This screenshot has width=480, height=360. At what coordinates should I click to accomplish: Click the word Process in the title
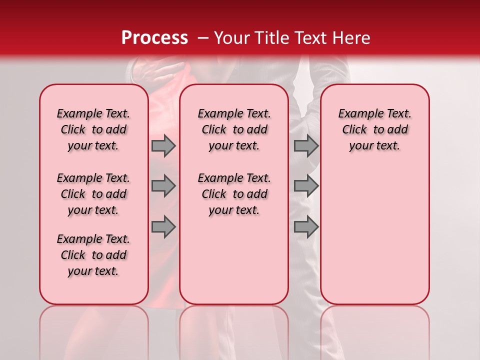tap(154, 38)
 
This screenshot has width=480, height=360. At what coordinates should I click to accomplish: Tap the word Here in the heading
tap(351, 38)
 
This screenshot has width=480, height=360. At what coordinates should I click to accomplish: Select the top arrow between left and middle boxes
tap(163, 145)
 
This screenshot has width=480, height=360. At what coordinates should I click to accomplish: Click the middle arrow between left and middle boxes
tap(163, 186)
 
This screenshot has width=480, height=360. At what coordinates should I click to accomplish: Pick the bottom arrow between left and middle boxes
tap(163, 227)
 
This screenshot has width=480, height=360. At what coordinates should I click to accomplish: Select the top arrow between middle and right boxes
tap(306, 145)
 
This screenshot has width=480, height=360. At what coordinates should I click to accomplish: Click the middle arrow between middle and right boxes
tap(306, 186)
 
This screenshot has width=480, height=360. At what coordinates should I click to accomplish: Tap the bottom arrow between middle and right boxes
tap(306, 227)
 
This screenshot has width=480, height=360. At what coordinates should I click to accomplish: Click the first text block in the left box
tap(93, 129)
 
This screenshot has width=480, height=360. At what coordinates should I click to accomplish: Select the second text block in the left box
tap(93, 194)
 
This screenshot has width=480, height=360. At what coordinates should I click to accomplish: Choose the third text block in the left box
tap(93, 255)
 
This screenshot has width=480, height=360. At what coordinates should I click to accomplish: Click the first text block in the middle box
tap(234, 129)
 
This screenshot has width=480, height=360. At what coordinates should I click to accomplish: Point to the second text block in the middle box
tap(234, 194)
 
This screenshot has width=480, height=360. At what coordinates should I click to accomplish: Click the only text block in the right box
tap(374, 129)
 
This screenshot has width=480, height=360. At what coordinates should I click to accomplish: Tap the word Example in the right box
tap(357, 114)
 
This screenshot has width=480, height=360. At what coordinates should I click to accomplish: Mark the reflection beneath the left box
tap(94, 330)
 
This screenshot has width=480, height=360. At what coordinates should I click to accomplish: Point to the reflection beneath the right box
tap(374, 330)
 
